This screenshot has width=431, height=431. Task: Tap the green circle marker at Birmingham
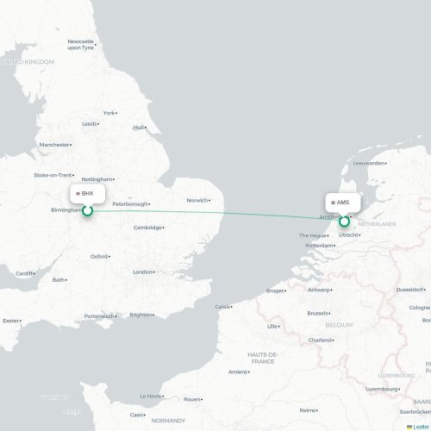pos(87,209)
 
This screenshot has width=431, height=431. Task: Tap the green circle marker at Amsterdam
pos(344,221)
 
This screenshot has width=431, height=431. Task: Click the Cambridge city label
pos(147,228)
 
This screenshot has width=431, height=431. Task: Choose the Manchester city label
pos(54,145)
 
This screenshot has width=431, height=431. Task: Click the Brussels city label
pos(318,313)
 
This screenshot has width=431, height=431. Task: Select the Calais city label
pos(223,306)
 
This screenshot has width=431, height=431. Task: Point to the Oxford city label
pos(100,256)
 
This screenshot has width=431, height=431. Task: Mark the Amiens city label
pos(238,372)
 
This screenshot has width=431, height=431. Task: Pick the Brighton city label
pos(141,315)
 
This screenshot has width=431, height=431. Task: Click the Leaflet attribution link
pos(421,427)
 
